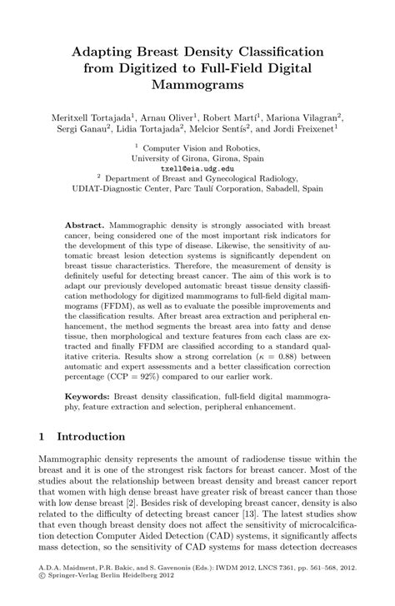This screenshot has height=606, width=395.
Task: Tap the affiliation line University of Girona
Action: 197,156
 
